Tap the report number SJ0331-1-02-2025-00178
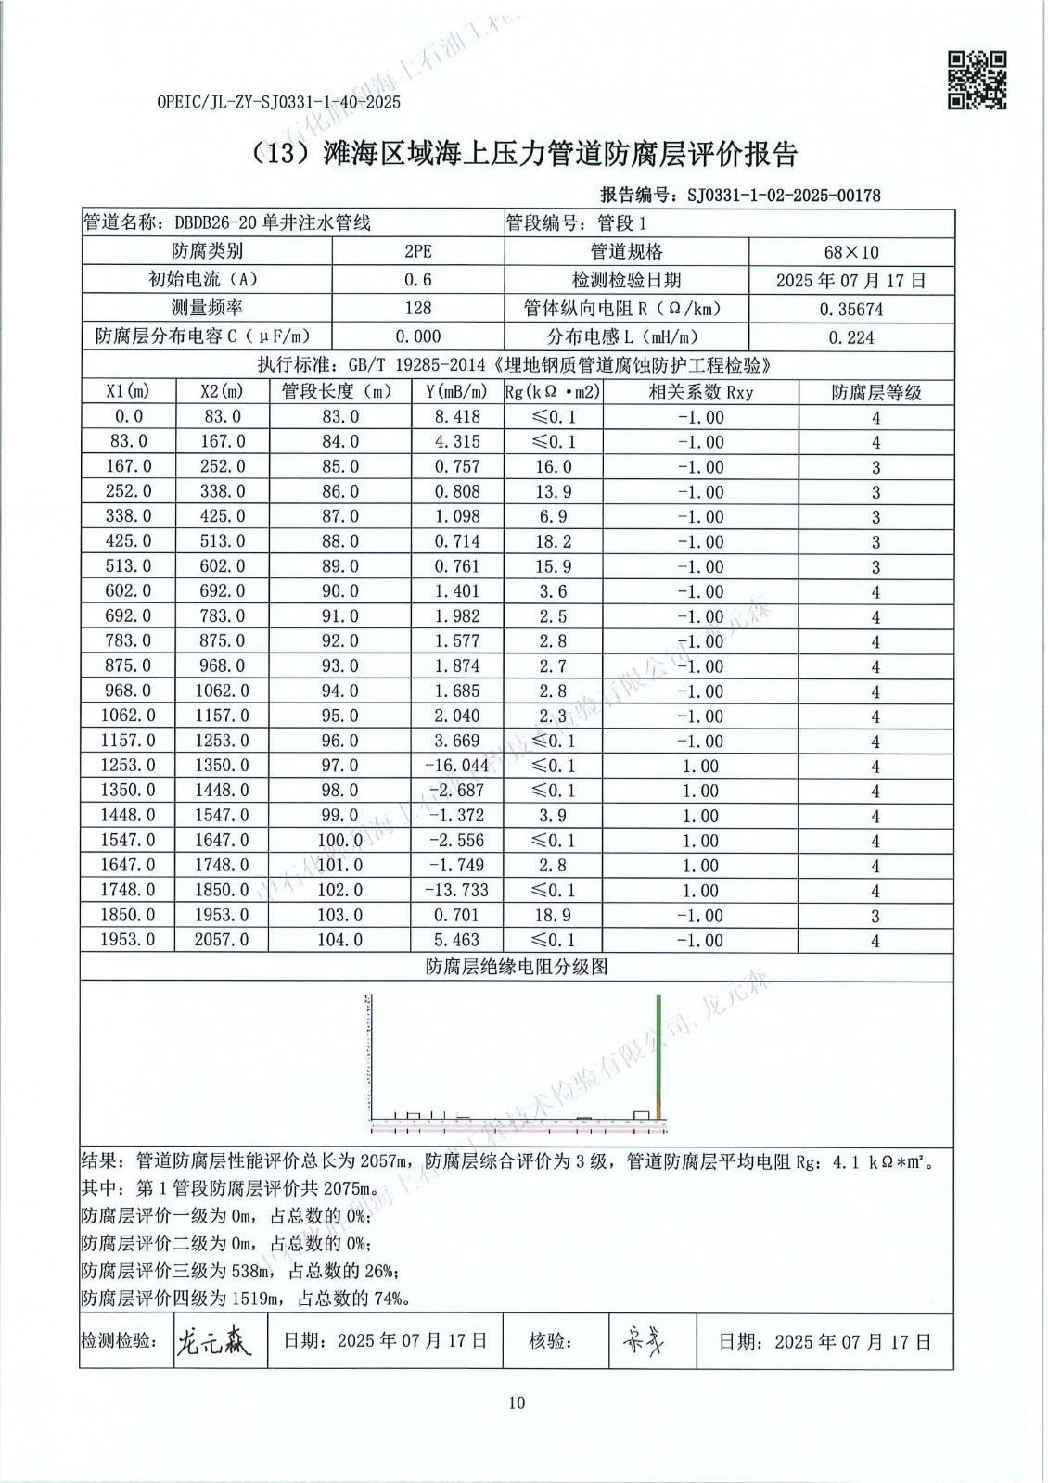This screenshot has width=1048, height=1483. [x=783, y=195]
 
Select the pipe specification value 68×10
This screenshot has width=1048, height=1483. [x=850, y=252]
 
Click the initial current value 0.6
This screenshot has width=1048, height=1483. [x=418, y=280]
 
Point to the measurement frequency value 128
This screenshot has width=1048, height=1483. [x=418, y=308]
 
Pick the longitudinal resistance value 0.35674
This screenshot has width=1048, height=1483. [x=850, y=309]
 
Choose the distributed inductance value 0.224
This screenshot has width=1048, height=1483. [x=850, y=337]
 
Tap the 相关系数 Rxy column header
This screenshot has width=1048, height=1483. [x=700, y=392]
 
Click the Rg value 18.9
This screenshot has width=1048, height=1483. [x=554, y=915]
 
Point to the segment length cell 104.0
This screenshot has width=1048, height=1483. [x=340, y=940]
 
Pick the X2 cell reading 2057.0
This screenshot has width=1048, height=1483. [x=224, y=940]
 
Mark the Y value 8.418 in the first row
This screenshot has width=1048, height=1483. [x=457, y=417]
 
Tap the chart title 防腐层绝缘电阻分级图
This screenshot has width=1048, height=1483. [x=517, y=967]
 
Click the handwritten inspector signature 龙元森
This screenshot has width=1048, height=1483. [x=213, y=1342]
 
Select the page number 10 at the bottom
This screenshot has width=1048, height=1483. [x=517, y=1402]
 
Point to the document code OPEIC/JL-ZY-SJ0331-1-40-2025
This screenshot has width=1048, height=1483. [x=278, y=103]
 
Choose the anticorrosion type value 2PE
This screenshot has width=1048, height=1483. [x=418, y=252]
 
